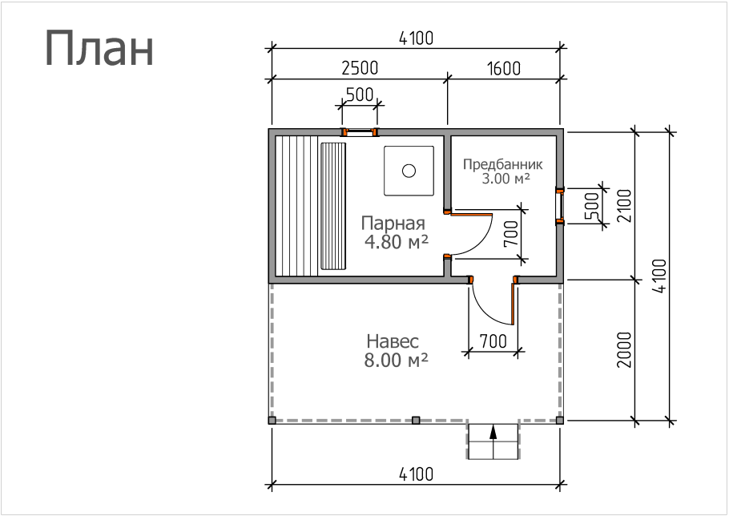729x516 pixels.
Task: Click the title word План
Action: click(x=99, y=49)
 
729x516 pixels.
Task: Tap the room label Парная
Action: click(x=393, y=224)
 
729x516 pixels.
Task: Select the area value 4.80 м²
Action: click(x=396, y=242)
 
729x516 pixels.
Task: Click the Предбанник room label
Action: click(x=502, y=164)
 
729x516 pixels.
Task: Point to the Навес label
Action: click(x=393, y=341)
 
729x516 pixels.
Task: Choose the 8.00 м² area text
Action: click(x=396, y=361)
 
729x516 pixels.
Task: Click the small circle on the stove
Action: click(x=409, y=171)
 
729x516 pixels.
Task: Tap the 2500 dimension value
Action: click(x=360, y=68)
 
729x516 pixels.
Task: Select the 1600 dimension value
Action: click(x=504, y=68)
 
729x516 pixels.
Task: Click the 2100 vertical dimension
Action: click(x=624, y=206)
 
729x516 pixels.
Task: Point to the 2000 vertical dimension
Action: click(x=624, y=350)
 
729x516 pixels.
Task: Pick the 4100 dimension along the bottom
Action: click(x=416, y=474)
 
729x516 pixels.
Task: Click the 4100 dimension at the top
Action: click(x=416, y=38)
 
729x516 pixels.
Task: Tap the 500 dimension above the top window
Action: click(x=360, y=95)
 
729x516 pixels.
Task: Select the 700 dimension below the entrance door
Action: click(x=493, y=341)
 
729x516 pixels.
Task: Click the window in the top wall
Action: click(x=360, y=132)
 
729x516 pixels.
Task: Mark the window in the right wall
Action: click(x=560, y=206)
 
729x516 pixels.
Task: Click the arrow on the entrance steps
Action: click(x=493, y=432)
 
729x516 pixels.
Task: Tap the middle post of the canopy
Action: click(x=416, y=420)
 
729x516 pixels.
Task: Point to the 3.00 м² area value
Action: click(x=505, y=179)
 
